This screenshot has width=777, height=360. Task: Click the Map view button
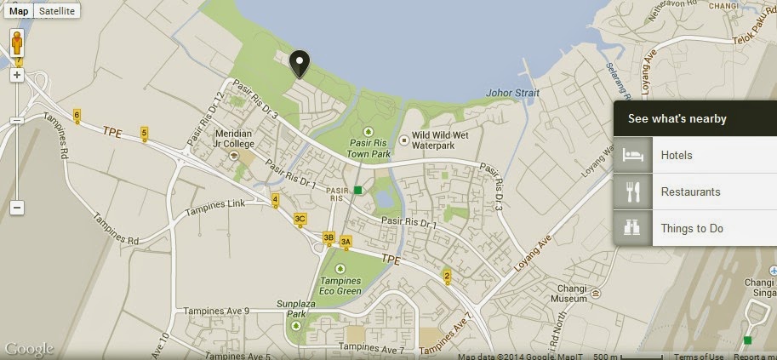point(19,11)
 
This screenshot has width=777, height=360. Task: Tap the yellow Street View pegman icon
point(17,43)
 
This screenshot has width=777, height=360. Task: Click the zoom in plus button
point(17,75)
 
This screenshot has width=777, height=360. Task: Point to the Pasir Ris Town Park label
point(369,148)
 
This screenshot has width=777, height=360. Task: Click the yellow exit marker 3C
point(300,219)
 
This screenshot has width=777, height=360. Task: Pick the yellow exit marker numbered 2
point(447,276)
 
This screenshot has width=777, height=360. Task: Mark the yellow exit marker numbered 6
point(77,115)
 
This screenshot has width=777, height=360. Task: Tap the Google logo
point(29,349)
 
